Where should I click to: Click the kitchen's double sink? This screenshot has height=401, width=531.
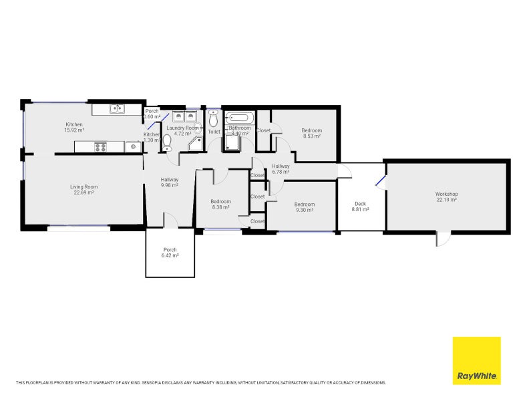[118, 108]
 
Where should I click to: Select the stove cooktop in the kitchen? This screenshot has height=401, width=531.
[100, 146]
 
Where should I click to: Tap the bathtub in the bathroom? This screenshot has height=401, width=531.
[240, 118]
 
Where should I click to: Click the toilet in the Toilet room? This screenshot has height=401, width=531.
[214, 120]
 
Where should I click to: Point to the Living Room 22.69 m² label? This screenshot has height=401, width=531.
[84, 190]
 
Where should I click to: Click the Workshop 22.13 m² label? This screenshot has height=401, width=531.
[446, 196]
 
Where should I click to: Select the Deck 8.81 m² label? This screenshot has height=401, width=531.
[360, 207]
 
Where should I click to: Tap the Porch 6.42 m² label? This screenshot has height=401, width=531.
[170, 253]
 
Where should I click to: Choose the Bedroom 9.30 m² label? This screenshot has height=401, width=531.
[305, 207]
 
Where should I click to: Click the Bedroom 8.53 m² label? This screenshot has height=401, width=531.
[311, 133]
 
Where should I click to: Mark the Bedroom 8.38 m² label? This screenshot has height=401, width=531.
[220, 205]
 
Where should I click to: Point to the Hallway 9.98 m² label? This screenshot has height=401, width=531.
[170, 182]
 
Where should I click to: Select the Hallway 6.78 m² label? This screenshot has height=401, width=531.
[281, 168]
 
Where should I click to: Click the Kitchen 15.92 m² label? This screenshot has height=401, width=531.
[73, 128]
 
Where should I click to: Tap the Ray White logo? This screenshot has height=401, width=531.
[476, 361]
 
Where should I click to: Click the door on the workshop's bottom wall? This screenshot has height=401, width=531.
[441, 238]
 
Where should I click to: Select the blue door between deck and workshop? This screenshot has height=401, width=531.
[380, 181]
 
